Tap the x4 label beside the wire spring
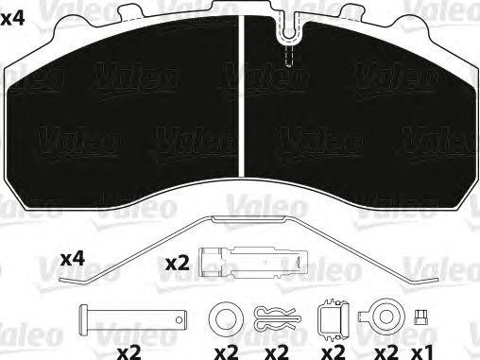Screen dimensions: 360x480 click(73, 258)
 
